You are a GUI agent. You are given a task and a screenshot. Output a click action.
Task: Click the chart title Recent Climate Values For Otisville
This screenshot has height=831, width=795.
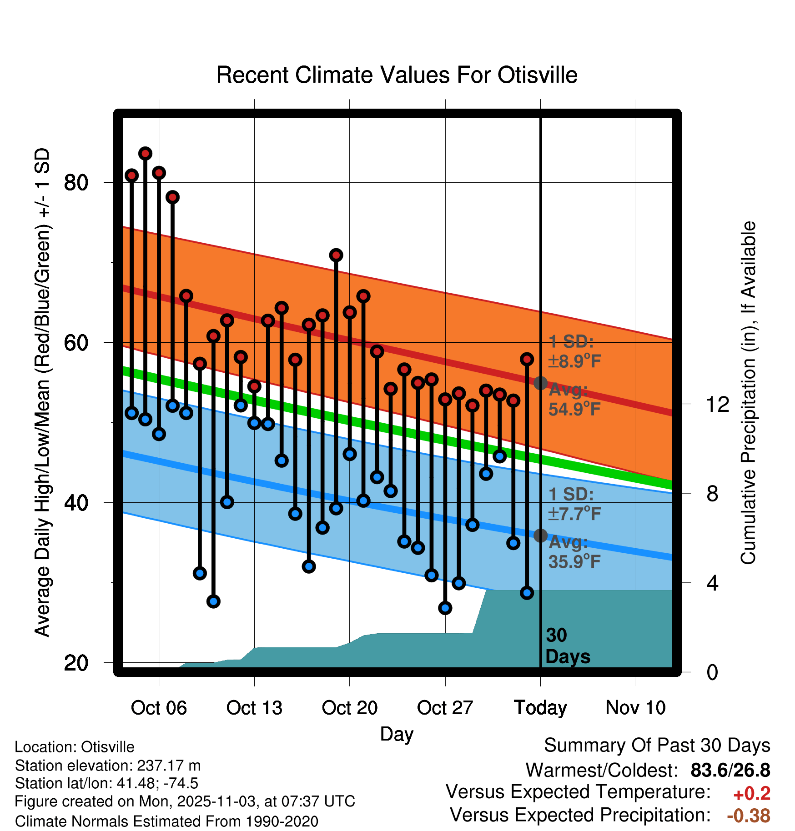point(397,75)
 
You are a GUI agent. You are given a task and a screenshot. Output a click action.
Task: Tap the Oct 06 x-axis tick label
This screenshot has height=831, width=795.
point(159,708)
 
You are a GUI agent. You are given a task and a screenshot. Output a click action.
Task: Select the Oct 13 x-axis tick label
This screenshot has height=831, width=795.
point(254,708)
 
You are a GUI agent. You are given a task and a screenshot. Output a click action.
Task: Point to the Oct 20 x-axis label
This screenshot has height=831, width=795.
point(349,708)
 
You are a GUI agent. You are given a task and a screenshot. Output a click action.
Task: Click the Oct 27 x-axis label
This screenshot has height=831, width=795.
point(445,708)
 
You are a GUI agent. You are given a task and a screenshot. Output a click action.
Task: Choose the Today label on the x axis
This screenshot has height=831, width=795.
point(540,708)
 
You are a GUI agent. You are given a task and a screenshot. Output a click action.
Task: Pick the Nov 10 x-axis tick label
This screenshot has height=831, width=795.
point(635,708)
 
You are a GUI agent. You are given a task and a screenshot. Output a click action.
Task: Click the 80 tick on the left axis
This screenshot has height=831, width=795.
point(76,183)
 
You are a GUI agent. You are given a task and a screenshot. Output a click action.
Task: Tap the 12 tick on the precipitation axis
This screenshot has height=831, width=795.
point(718,404)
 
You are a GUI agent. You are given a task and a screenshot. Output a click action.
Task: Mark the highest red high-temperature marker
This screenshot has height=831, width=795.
point(145,154)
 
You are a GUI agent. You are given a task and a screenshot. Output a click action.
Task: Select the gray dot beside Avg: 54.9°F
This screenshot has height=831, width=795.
point(540,383)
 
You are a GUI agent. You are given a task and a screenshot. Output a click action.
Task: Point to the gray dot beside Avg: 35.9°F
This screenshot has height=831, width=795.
point(540,536)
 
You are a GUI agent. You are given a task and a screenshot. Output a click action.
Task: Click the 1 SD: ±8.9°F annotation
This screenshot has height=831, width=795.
point(574,351)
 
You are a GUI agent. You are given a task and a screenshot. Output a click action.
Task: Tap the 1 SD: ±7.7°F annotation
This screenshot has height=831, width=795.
point(574,504)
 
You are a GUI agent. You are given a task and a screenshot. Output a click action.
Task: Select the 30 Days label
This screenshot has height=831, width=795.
point(567,646)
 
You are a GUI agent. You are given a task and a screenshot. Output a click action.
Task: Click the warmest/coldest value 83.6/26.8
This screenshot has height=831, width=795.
point(730,771)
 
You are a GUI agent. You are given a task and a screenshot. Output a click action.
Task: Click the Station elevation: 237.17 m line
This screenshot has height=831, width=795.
point(108,766)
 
